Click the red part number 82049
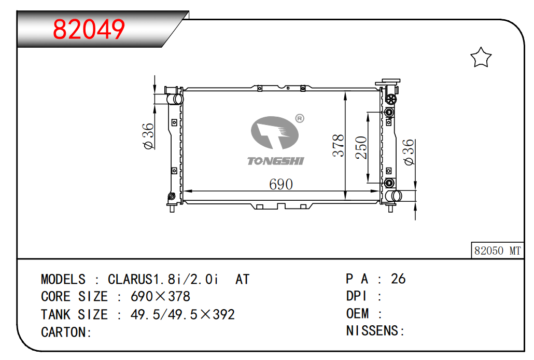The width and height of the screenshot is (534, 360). click(x=89, y=30)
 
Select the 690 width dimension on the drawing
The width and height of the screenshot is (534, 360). click(x=281, y=185)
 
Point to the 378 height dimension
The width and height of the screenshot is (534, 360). click(x=339, y=146)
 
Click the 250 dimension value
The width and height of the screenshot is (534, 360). click(x=361, y=148)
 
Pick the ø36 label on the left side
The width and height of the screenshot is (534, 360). click(x=148, y=136)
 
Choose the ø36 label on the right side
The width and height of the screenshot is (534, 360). click(x=409, y=153)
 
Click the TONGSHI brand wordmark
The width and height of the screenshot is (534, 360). click(x=275, y=161)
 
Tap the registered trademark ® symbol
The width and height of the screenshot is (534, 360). click(x=299, y=118)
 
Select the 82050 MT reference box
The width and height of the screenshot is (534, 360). click(x=497, y=251)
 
